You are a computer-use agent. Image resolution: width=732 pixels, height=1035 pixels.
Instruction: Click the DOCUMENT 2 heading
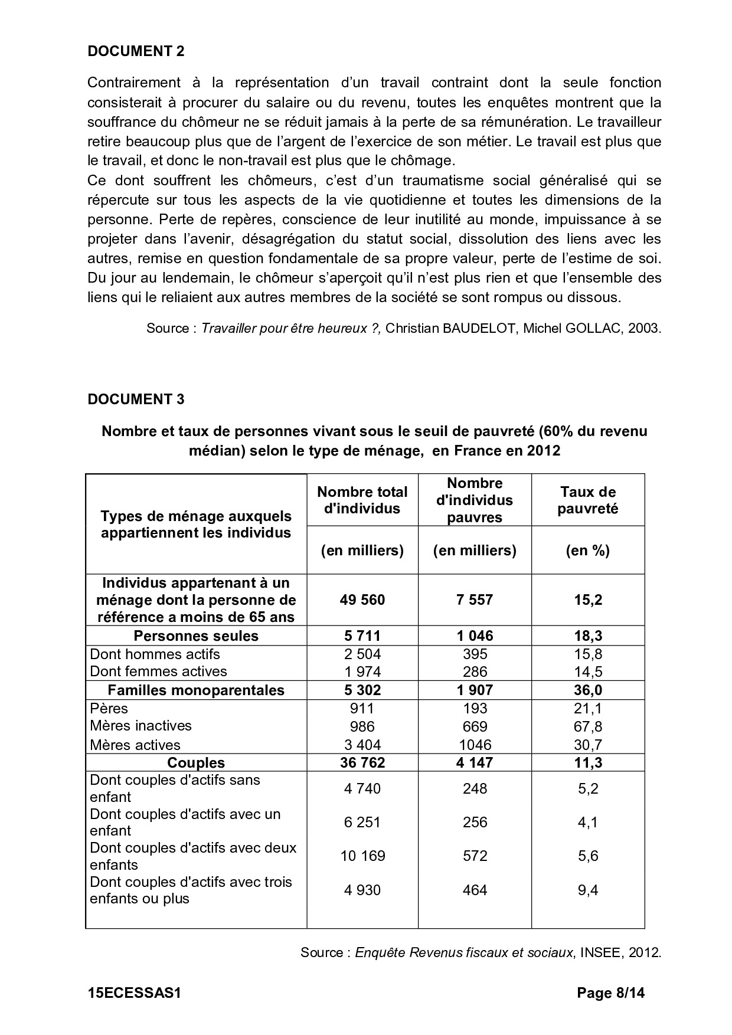136,51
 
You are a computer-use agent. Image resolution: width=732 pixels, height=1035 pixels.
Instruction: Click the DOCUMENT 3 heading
136,399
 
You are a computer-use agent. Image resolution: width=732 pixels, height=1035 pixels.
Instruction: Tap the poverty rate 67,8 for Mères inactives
587,726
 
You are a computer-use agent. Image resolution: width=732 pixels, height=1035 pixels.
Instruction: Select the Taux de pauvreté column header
587,500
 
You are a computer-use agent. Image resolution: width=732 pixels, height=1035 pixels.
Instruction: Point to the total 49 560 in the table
362,600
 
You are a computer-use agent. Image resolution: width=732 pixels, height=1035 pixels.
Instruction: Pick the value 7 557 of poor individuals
475,600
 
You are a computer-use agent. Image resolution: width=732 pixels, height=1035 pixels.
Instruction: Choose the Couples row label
195,762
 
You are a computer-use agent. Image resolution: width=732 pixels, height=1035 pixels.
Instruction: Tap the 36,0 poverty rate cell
587,690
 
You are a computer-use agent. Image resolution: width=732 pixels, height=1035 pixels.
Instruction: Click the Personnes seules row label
195,636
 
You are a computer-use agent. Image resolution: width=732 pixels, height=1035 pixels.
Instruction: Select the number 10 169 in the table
362,856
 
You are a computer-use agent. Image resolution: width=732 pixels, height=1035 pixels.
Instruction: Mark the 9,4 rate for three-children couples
587,890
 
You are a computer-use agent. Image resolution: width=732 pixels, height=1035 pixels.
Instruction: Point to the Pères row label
109,709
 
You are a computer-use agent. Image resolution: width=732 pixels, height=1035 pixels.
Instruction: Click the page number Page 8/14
610,993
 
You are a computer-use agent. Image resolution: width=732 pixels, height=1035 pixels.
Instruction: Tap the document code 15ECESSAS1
133,993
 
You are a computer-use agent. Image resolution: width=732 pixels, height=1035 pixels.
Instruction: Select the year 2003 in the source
643,328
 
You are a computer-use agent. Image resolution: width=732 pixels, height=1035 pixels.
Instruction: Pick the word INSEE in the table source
599,952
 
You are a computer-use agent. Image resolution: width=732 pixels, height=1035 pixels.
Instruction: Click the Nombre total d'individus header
362,500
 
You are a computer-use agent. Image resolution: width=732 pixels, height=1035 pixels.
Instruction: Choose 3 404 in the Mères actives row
362,745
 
